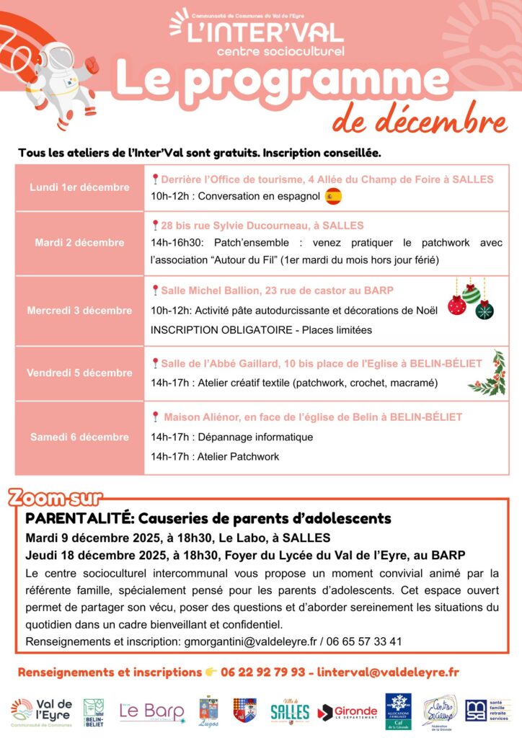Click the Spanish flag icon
tap(333, 196)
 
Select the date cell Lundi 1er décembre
tap(79, 187)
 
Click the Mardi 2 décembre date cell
tap(79, 243)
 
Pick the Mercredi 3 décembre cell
tap(79, 311)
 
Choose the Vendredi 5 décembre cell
tap(79, 373)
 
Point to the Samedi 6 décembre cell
tap(79, 437)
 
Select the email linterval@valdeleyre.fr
tap(388, 672)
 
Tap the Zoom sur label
tap(55, 497)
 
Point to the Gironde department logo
tap(348, 711)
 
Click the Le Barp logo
tap(151, 711)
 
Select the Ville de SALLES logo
tap(290, 711)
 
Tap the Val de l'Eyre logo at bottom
tap(42, 711)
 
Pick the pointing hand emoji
tap(211, 672)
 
